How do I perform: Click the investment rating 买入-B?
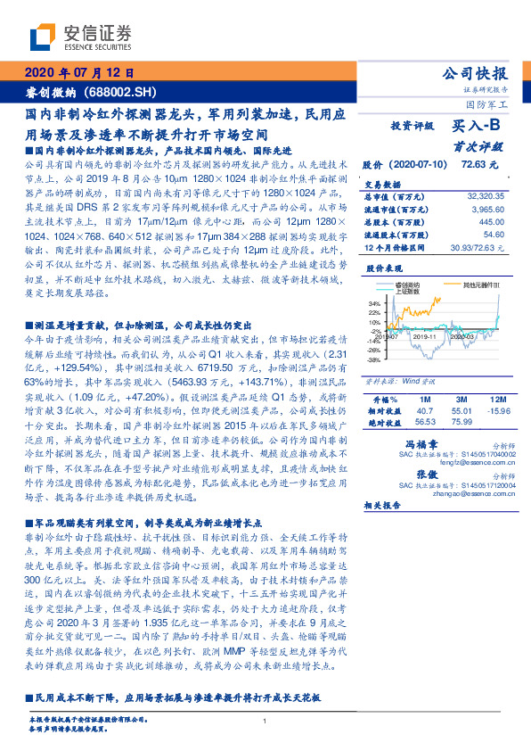(x=473, y=128)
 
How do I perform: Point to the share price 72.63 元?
(x=478, y=165)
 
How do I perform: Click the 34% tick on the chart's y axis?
(x=373, y=303)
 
